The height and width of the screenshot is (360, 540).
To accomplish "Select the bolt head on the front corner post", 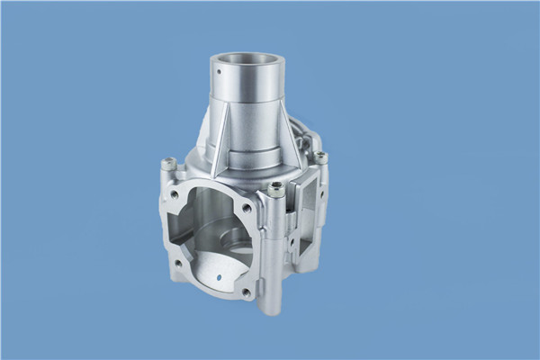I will tap(276, 189).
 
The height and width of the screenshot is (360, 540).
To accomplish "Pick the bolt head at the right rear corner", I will tap(320, 157).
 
